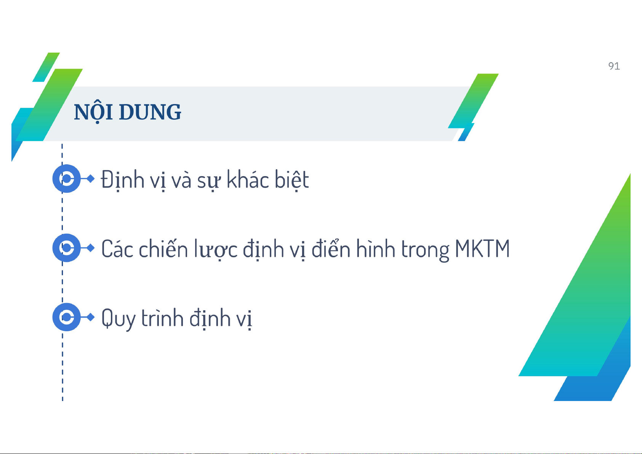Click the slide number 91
[614, 66]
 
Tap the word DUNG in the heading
[150, 112]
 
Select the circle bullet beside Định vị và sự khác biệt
[67, 179]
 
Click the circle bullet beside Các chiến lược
[67, 248]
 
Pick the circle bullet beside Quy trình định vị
[67, 317]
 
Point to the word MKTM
[482, 249]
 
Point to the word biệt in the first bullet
[292, 180]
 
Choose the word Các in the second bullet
[117, 249]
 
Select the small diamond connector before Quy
[91, 317]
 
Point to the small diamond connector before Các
[91, 248]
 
